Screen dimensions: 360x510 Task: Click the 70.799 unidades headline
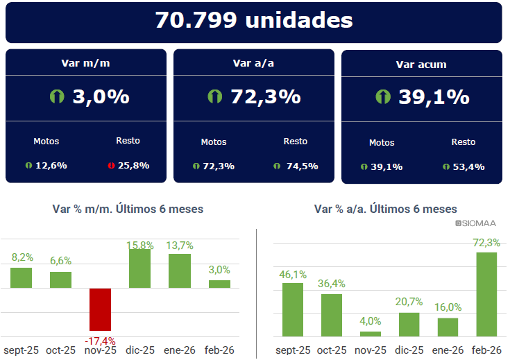coord(253,21)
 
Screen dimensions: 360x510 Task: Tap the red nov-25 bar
coord(101,309)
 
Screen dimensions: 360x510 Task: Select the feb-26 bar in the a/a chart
coord(486,294)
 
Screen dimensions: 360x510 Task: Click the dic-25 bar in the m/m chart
coord(139,268)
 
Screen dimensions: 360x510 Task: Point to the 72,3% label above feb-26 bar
coord(486,243)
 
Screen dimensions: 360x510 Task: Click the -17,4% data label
coord(101,341)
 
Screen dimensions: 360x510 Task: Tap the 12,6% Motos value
coord(51,166)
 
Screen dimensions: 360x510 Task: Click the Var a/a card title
coord(253,63)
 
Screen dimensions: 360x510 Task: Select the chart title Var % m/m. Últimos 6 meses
coord(128,209)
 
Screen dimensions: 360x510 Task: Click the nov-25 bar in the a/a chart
coord(371,333)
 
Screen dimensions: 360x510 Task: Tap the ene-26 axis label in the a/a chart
coord(448,350)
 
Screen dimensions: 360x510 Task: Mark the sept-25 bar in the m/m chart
coord(22,277)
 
